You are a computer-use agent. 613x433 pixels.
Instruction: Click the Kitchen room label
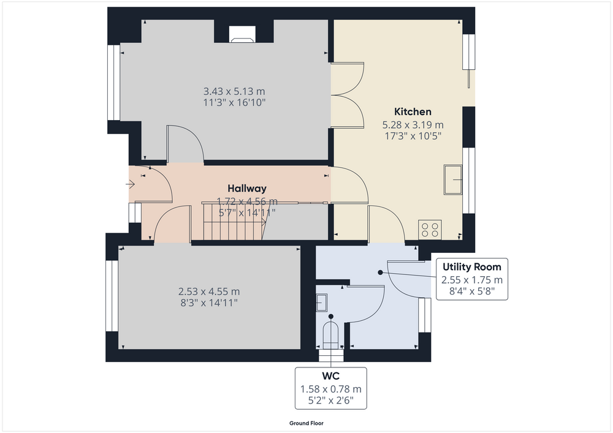[x=413, y=111]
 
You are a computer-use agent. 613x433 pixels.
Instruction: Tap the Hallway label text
[x=247, y=188]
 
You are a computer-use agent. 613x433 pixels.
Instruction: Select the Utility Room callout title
[x=471, y=267]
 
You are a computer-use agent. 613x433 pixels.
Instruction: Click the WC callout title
[x=331, y=376]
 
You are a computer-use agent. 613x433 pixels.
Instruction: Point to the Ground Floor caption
[x=306, y=423]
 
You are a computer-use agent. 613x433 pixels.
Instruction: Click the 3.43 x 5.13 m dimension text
[x=234, y=91]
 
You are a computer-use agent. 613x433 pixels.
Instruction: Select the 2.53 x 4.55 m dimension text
[x=209, y=292]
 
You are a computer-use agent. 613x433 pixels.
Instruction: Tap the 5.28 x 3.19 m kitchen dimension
[x=413, y=125]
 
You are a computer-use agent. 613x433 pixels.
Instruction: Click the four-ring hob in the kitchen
[x=430, y=230]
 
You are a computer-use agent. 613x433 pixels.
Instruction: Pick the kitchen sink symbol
[x=453, y=179]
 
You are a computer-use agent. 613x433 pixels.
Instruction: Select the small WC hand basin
[x=321, y=303]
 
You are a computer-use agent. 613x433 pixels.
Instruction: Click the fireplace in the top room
[x=242, y=34]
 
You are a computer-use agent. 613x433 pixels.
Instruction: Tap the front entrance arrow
[x=130, y=184]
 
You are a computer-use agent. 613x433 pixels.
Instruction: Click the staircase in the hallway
[x=234, y=221]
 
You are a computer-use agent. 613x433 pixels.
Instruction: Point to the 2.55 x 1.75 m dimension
[x=472, y=280]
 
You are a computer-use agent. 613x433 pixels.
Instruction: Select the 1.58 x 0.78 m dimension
[x=331, y=390]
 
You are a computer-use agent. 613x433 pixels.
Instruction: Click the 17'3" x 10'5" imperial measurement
[x=413, y=136]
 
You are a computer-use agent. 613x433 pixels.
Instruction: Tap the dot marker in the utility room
[x=380, y=273]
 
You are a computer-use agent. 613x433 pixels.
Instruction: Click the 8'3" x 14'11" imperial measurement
[x=209, y=303]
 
